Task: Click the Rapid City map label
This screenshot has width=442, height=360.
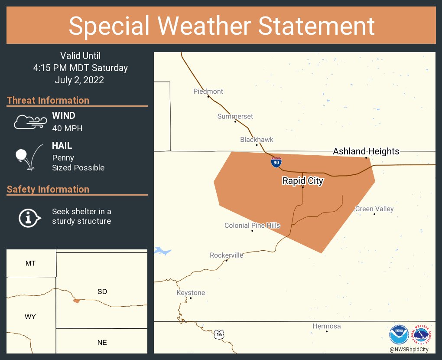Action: [x=302, y=181]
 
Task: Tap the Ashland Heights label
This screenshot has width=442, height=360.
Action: [x=366, y=151]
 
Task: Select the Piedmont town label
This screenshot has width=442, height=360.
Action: [x=208, y=92]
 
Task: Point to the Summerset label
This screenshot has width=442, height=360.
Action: [x=235, y=117]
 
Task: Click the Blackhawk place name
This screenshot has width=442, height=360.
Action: [x=257, y=140]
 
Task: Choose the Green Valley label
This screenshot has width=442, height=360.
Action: [x=374, y=209]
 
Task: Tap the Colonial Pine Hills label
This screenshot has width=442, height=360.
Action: [x=252, y=226]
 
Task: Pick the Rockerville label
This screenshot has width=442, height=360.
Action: [x=226, y=255]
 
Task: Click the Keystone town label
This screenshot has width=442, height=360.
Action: [x=191, y=293]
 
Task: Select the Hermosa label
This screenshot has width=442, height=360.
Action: [x=327, y=326]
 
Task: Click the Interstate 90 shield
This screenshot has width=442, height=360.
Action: [x=276, y=163]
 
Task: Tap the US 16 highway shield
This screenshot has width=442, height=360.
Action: [x=220, y=334]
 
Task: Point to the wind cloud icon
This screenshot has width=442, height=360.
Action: [x=29, y=122]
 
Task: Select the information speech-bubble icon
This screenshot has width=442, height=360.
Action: [x=29, y=217]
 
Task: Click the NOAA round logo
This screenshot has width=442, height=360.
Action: [x=399, y=335]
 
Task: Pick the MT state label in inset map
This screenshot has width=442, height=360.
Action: [x=30, y=263]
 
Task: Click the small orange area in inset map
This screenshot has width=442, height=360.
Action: [x=77, y=301]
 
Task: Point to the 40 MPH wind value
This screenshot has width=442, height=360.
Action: [x=67, y=128]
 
